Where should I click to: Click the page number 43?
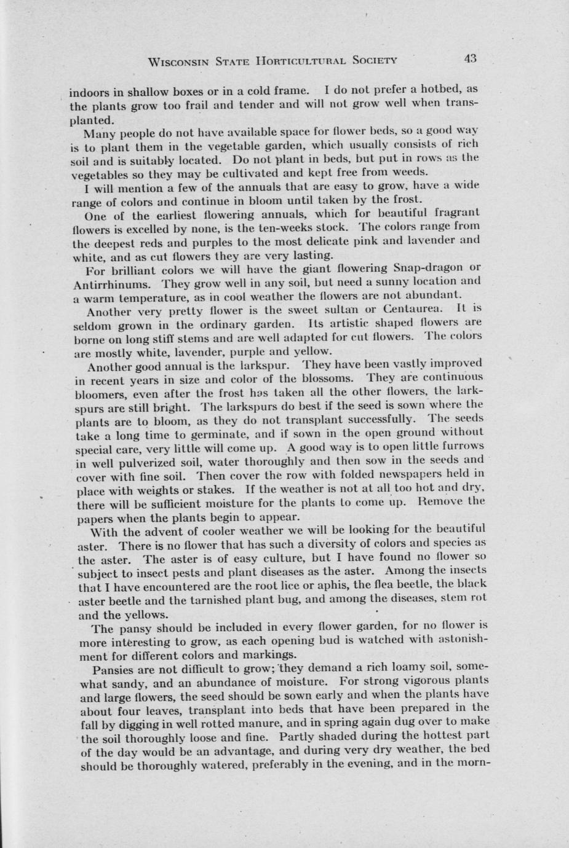471,58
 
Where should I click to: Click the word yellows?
145,614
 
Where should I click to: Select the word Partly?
298,737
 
